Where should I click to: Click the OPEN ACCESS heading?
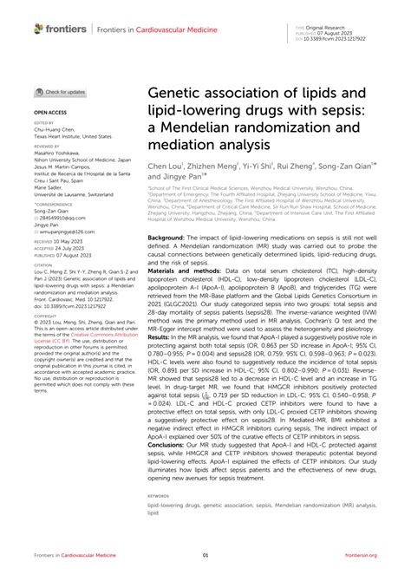(x=51, y=113)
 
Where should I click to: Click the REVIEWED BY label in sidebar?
(x=49, y=147)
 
